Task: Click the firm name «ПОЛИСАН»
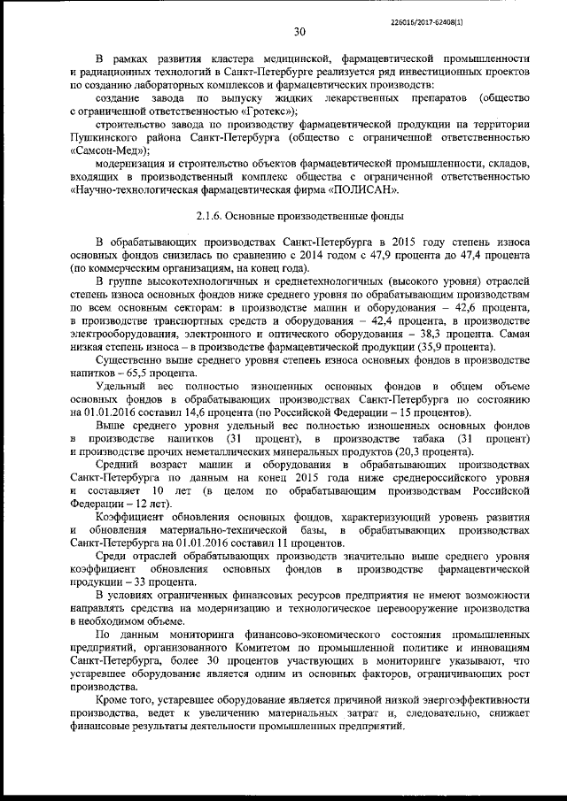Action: point(363,189)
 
